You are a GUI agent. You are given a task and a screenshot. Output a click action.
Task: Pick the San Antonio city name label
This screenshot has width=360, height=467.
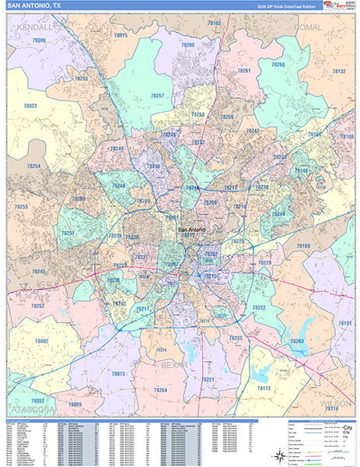click(x=193, y=230)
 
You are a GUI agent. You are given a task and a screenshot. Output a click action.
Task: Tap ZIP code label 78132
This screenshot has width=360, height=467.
click(x=339, y=71)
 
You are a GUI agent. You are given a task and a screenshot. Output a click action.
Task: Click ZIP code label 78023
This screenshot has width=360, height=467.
click(x=30, y=105)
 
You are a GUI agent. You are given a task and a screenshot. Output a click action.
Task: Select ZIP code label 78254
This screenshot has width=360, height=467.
click(x=33, y=166)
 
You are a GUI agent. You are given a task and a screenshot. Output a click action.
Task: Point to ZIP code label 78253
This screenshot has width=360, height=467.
click(x=20, y=206)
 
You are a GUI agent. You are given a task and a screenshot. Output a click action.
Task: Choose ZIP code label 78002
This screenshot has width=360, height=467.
click(x=40, y=341)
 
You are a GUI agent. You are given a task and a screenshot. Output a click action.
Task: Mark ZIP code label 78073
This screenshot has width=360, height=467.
click(x=118, y=374)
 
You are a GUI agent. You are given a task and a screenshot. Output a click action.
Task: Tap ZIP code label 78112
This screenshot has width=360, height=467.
click(x=263, y=388)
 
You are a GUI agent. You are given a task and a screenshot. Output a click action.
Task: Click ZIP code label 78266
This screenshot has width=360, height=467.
click(x=278, y=65)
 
